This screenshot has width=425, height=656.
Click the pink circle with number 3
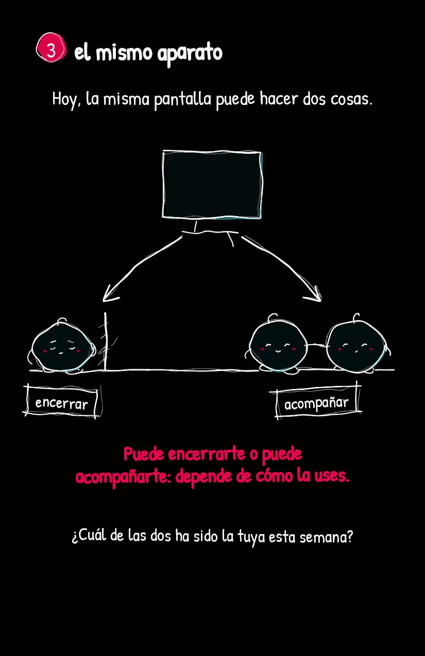(x=51, y=48)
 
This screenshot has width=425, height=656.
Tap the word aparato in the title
(x=190, y=54)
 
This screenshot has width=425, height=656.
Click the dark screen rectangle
(x=212, y=185)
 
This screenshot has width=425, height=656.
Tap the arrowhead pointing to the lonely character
(x=110, y=294)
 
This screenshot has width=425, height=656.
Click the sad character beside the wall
(x=62, y=346)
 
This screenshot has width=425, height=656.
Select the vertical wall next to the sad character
(x=105, y=341)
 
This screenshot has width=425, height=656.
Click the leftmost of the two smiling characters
(x=278, y=345)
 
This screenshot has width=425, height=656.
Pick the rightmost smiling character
(x=356, y=345)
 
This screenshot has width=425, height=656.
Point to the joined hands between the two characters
(x=316, y=346)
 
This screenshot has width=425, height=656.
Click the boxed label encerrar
(x=62, y=401)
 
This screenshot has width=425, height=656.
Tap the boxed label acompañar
(x=316, y=401)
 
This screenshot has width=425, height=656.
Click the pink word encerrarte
(x=207, y=454)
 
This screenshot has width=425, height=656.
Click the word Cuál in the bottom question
(x=89, y=536)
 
